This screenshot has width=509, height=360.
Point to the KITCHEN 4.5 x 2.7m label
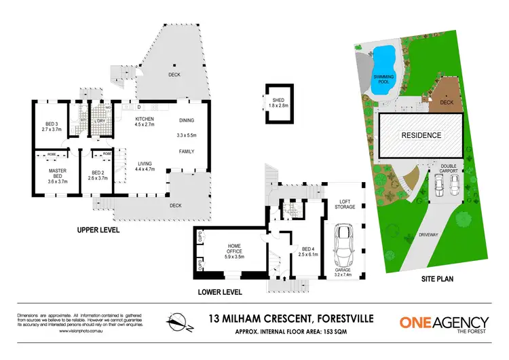point(145,121)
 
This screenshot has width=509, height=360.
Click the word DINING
point(186,120)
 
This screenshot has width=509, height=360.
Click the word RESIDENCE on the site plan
point(421,135)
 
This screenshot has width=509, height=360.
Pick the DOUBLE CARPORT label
point(449,167)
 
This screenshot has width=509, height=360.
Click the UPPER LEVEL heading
point(98,231)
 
